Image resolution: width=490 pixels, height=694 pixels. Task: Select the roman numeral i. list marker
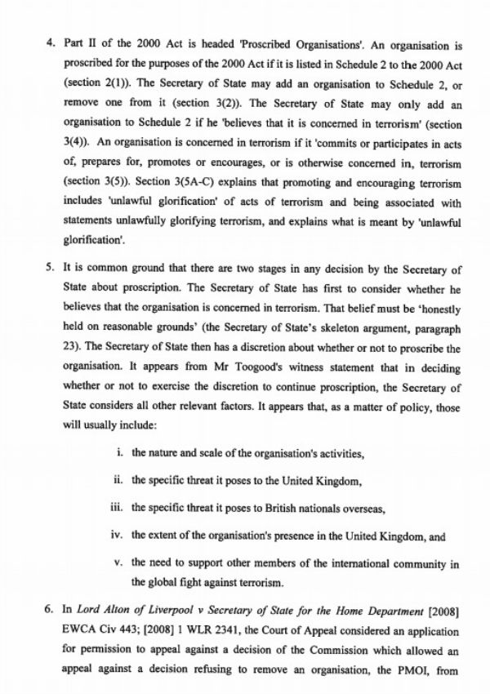121,452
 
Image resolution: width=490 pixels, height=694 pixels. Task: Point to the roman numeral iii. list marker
118,508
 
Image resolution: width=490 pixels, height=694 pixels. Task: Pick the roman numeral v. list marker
119,563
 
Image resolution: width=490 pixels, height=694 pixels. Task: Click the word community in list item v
406,563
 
